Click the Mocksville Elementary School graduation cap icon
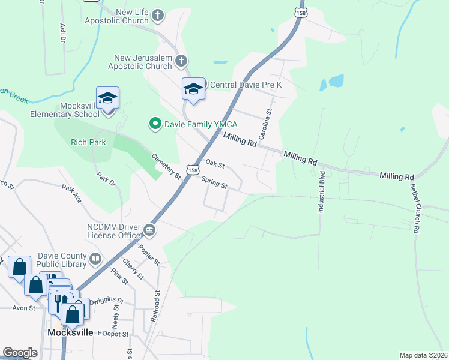107,98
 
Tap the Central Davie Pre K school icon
193,89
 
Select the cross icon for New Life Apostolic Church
158,16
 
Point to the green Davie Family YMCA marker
155,124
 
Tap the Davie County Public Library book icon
95,259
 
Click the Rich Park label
88,143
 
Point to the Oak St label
214,163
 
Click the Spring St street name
214,182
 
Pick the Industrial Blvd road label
321,193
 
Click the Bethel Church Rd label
414,208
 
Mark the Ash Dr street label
62,34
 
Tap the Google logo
20,353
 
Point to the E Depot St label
113,333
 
